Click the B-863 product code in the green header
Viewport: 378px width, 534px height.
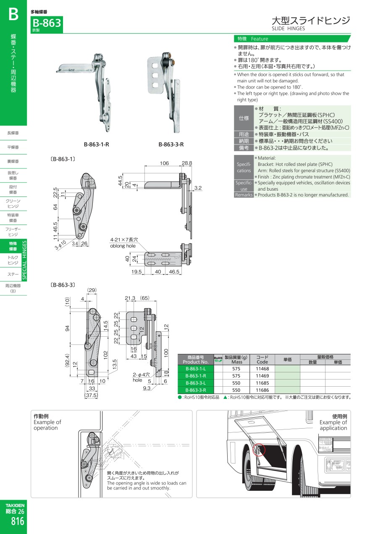tap(47, 23)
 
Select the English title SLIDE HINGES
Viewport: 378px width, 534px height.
tap(288, 29)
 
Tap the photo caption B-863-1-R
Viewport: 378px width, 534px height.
tap(96, 144)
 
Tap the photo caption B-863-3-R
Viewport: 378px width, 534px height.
tap(171, 144)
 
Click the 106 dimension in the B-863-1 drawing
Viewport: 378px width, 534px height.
tap(164, 163)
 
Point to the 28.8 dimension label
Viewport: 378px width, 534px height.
tap(187, 163)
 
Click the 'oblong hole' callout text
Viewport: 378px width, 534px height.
tap(123, 246)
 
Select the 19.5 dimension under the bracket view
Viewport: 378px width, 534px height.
tap(136, 272)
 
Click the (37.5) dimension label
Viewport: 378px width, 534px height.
tap(91, 395)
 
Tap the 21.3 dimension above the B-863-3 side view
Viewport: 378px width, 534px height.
tap(130, 298)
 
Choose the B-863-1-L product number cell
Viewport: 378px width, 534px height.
tap(196, 369)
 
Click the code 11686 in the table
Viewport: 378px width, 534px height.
tap(262, 390)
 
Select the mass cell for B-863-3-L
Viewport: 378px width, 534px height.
tap(236, 383)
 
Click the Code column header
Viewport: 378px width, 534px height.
tap(262, 359)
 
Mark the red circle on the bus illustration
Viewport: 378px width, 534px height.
tap(259, 449)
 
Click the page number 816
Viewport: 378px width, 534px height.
tap(17, 521)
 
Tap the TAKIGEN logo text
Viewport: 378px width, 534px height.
tap(15, 505)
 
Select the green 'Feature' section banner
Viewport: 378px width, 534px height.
tap(292, 39)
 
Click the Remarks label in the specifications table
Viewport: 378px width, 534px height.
tap(244, 195)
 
